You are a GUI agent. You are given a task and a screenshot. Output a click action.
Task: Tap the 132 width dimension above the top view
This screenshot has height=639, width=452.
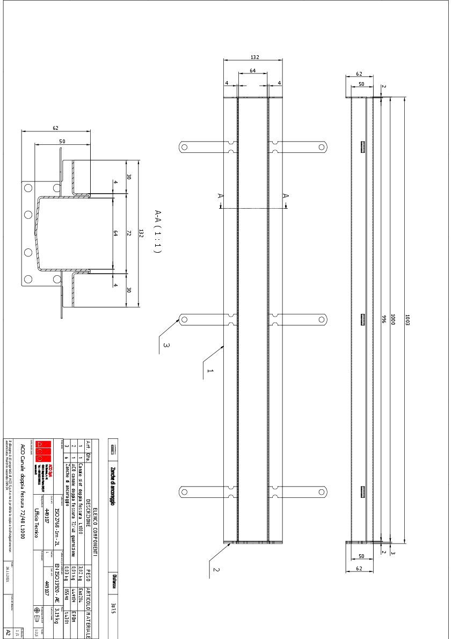point(256,56)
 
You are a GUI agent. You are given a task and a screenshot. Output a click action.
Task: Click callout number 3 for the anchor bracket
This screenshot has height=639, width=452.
point(166,346)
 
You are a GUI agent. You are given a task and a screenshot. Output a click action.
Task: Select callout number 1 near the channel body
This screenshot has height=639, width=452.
point(210,371)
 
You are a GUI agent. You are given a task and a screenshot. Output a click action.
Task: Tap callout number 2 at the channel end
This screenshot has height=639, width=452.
point(216,569)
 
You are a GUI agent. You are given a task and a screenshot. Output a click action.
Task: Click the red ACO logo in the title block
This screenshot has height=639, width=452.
point(42,451)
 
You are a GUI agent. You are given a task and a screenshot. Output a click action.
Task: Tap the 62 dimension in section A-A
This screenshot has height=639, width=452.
point(56,128)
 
